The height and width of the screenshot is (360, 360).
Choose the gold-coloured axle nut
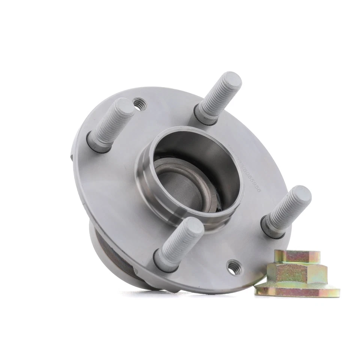[296, 274]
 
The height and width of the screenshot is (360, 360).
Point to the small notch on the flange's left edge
[72, 156]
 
